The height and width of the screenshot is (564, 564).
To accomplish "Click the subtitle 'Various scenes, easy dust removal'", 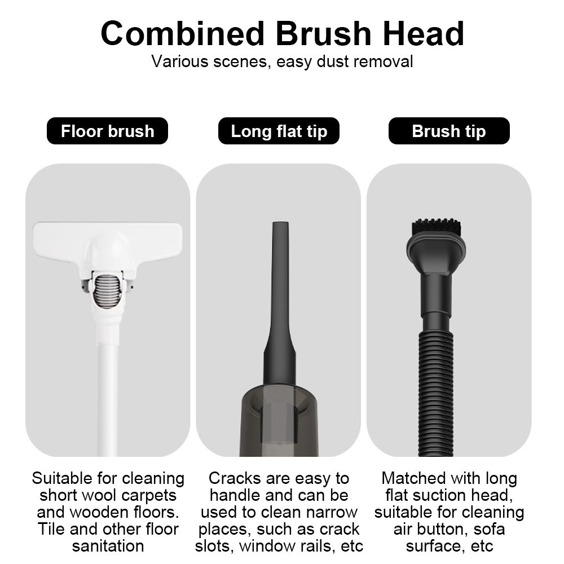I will [x=282, y=61].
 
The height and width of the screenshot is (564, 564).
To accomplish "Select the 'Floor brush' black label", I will [x=107, y=131].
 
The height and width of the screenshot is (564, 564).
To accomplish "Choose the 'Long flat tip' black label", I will [x=279, y=131].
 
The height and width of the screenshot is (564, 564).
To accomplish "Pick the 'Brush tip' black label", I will [x=449, y=131].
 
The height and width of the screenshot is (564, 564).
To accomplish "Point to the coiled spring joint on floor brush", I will [x=108, y=290].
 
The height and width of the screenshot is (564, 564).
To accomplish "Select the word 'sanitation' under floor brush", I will [x=108, y=546].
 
